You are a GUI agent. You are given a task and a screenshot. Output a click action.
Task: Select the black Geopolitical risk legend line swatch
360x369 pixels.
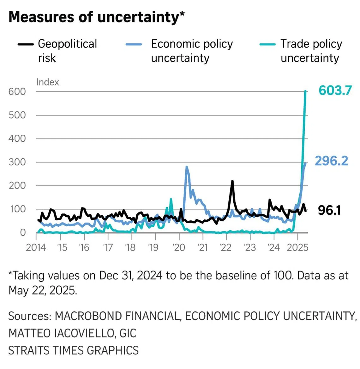coord(26,44)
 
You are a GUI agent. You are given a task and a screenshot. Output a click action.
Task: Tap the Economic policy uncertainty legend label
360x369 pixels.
coord(192,51)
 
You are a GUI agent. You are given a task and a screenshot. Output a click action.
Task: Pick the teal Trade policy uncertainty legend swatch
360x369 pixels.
coord(267,44)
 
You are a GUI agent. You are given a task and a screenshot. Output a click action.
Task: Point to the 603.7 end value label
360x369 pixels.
coord(335,91)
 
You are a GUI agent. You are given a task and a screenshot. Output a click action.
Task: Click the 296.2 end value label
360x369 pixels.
coord(331,161)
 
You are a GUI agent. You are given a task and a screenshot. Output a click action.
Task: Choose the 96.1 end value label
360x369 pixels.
coord(329,210)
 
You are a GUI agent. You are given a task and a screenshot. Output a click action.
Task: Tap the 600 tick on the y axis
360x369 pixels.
coord(17,91)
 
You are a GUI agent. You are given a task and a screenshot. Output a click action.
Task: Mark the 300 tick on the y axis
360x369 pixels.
coord(17,162)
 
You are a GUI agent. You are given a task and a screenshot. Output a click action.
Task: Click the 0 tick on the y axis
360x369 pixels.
coord(23,232)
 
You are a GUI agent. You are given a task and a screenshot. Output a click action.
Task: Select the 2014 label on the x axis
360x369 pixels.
coord(36,247)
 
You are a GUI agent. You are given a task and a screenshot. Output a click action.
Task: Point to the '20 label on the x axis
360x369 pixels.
coord(179,247)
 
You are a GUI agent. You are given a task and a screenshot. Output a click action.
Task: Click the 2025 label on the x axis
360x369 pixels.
coord(297,247)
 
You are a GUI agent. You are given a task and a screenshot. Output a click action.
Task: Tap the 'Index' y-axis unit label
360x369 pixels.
coord(47,82)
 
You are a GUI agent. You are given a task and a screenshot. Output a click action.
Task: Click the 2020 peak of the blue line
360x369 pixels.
coord(187,167)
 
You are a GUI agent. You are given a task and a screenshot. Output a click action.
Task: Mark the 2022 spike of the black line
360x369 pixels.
coord(232,181)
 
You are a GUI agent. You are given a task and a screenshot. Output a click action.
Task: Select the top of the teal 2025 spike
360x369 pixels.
coord(305,91)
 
